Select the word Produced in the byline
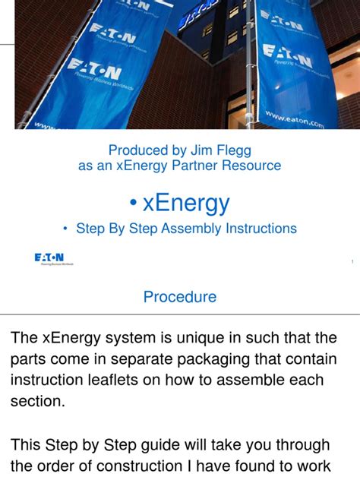[137, 150]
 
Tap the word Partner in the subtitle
[197, 166]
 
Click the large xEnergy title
[186, 203]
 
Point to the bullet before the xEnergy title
[133, 204]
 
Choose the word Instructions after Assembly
[261, 229]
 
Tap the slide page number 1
[352, 262]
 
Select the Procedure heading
[180, 297]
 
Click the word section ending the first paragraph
[36, 401]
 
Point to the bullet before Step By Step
[66, 229]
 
